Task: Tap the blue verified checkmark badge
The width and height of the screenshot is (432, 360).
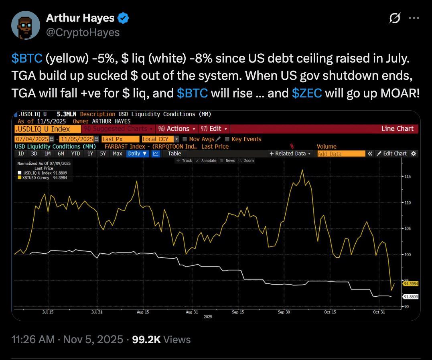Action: tap(123, 18)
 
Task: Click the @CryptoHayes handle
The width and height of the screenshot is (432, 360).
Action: tap(83, 32)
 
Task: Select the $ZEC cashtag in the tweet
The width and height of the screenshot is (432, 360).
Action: tap(307, 93)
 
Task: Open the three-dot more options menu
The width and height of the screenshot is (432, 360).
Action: tap(414, 18)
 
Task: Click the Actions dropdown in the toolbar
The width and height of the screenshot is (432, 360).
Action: tap(177, 129)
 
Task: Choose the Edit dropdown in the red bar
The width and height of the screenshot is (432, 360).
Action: tap(215, 129)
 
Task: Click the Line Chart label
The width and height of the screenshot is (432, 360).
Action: tap(397, 129)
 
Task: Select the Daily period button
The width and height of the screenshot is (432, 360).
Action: tap(137, 154)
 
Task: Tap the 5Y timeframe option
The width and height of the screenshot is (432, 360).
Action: tap(103, 154)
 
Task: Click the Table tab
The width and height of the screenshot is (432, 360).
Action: tap(174, 154)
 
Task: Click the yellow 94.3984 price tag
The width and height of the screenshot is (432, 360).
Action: tap(410, 283)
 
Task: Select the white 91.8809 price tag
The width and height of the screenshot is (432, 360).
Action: tap(410, 297)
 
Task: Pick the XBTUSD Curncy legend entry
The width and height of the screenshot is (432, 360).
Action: tap(39, 177)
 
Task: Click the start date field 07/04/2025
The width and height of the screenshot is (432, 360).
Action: tap(31, 139)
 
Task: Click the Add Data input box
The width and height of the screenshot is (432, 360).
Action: tap(341, 154)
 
